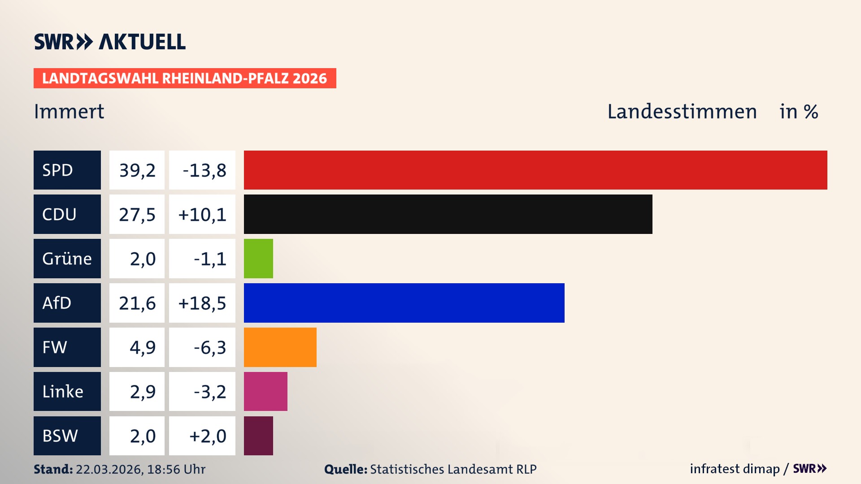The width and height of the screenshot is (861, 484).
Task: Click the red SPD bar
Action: tap(535, 170)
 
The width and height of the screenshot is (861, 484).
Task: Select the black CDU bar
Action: tap(448, 214)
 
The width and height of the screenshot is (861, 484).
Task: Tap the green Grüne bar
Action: tap(258, 259)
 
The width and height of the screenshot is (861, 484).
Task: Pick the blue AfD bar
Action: tap(404, 303)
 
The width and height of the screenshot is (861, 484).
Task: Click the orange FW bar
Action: tap(280, 347)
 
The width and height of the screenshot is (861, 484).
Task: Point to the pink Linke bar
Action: tap(265, 391)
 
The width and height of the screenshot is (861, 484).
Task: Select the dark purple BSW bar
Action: tap(258, 436)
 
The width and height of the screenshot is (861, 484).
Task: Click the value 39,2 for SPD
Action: tap(137, 170)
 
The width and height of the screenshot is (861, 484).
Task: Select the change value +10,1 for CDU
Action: tap(202, 215)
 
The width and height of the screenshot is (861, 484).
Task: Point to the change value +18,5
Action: tap(202, 303)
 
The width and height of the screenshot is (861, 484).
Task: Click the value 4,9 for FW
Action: tap(143, 347)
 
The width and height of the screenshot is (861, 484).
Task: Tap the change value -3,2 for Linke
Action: tap(210, 392)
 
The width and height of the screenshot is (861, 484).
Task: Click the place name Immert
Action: tap(69, 112)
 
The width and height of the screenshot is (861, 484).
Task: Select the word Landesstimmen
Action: tap(682, 112)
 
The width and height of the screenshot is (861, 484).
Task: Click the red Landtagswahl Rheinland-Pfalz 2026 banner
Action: tap(185, 78)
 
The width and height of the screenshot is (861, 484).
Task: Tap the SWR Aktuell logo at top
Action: tap(110, 42)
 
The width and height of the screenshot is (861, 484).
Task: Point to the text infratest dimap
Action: tap(734, 469)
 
